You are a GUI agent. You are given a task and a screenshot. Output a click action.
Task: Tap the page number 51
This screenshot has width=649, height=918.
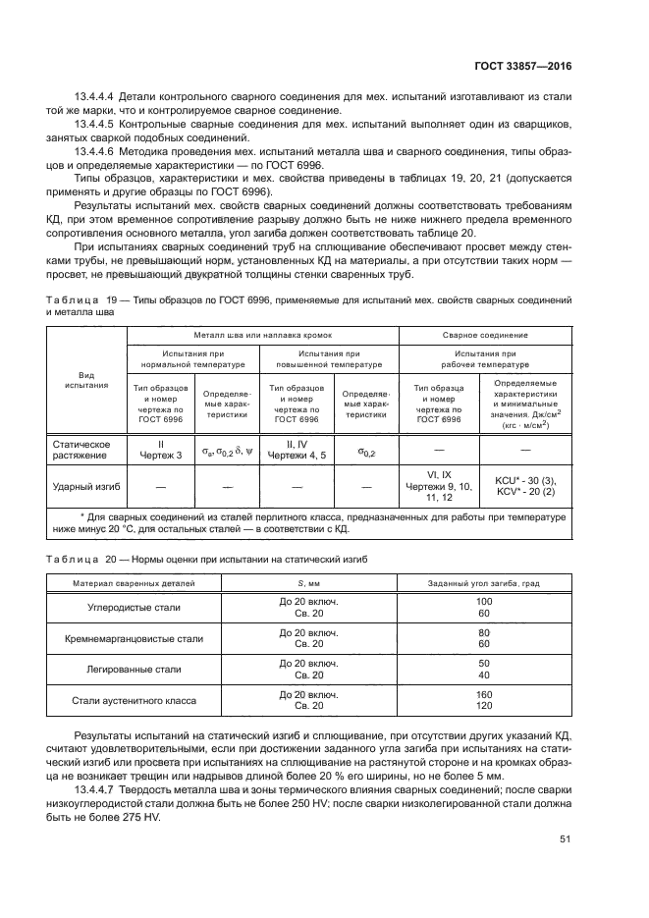565,838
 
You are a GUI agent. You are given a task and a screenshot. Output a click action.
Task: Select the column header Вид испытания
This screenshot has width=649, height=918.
86,379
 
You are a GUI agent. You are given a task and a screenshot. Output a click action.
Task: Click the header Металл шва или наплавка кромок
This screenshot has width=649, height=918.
261,335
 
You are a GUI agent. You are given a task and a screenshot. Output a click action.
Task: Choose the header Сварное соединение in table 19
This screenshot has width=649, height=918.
484,335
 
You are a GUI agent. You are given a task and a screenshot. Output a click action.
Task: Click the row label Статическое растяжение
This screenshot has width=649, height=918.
81,449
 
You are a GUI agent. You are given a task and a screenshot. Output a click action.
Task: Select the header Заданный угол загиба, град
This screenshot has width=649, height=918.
483,582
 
